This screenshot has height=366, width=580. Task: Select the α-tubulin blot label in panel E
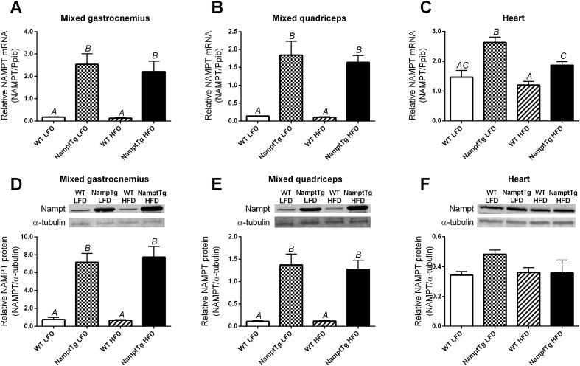pyautogui.click(x=258, y=221)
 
